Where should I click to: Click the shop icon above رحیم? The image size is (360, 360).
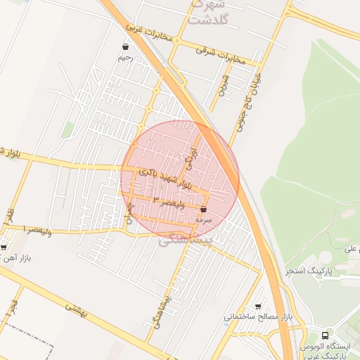point(125,47)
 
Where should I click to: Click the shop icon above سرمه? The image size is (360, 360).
point(203,210)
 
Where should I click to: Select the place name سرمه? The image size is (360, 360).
point(203,220)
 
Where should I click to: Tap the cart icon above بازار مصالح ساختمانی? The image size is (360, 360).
point(259,307)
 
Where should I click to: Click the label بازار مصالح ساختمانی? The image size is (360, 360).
point(257,317)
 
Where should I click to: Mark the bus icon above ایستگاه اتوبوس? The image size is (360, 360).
point(324,336)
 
